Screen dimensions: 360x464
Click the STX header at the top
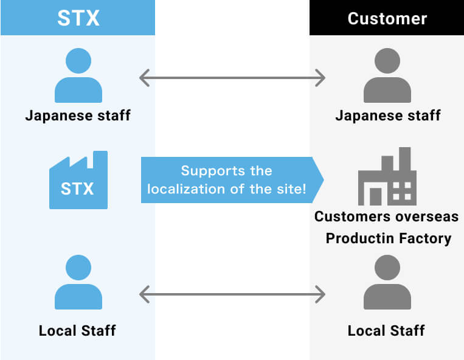[x=78, y=18]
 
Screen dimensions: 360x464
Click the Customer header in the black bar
[x=387, y=18]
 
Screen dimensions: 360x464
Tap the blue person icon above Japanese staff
[x=78, y=76]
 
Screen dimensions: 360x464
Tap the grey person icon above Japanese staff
[x=387, y=76]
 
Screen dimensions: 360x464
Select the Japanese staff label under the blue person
[x=78, y=115]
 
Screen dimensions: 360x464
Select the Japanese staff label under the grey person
[x=387, y=115]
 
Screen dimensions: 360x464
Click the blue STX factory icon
[x=78, y=181]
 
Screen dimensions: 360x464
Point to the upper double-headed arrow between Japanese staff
[x=232, y=78]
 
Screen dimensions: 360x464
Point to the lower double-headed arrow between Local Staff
[x=232, y=295]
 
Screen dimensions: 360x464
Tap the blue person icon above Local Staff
[x=78, y=282]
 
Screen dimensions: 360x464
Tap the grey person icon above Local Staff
[x=387, y=282]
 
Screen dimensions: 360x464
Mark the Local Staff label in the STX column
[x=77, y=331]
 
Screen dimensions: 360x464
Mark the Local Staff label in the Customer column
[x=386, y=331]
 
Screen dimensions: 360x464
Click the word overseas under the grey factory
[x=429, y=216]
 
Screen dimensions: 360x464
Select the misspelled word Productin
[x=361, y=238]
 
